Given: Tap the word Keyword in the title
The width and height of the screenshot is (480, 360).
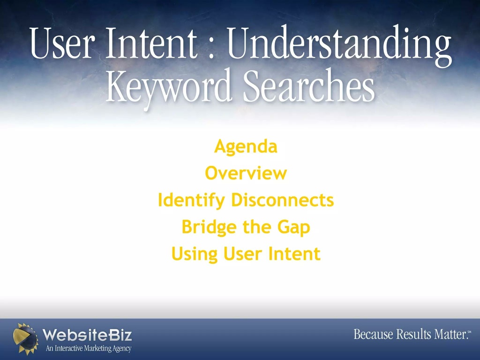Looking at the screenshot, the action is pos(168,87).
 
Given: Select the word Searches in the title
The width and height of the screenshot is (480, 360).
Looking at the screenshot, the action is pos(309,85).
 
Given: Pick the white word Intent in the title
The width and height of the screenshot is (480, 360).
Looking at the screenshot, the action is pos(151,43).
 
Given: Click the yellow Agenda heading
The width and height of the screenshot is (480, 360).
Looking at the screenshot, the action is pos(246,147).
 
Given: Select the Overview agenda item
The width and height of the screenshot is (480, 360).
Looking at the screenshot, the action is pos(246,173).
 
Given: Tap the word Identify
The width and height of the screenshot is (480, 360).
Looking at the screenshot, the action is pos(191,201).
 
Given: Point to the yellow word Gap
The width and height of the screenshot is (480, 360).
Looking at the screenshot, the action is pos(293,227).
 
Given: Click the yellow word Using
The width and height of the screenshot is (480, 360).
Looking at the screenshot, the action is pos(195,255).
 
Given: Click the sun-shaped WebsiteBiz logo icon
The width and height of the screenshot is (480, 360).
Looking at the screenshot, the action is pos(26,339).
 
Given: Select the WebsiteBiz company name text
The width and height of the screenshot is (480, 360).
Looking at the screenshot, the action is pos(87,335).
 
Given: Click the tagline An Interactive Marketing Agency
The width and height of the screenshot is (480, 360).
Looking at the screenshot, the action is pos(89,348).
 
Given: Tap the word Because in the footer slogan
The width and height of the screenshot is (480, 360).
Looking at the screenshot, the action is pos(373,334).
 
